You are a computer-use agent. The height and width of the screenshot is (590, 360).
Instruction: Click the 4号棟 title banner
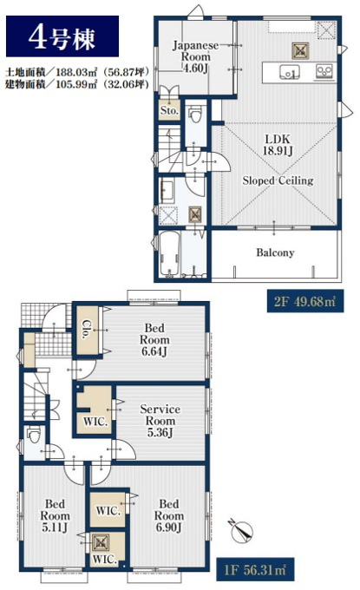62,36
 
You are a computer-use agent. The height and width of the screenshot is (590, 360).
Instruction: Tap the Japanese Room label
195,56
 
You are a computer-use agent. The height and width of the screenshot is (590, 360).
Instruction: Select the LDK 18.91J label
278,145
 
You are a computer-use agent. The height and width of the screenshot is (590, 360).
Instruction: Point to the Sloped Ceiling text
278,180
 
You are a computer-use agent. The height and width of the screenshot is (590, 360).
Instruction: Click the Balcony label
275,252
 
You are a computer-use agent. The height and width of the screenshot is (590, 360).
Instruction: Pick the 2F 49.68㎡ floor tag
305,301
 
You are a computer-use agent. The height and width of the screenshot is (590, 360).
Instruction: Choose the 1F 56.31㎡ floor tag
255,569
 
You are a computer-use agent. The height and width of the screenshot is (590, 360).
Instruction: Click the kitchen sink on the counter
289,72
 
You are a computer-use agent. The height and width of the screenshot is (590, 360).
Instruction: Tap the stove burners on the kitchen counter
324,71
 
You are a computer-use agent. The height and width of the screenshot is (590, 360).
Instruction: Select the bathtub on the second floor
169,254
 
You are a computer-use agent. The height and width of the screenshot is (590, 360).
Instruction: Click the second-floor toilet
195,114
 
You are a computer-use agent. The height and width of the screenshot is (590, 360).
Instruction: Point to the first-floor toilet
35,436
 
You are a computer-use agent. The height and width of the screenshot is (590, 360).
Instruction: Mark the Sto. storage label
169,111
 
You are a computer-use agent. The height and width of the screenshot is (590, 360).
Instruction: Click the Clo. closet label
88,330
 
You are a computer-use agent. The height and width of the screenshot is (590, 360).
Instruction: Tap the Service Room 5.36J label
160,421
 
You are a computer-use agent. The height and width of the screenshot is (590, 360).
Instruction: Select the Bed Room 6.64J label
154,340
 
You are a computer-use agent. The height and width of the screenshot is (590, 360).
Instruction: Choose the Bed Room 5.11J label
55,515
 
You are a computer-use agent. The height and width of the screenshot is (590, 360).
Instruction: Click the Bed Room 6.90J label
169,515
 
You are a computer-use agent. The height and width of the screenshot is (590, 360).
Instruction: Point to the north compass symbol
241,531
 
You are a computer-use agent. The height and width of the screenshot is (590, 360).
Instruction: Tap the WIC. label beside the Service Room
95,422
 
